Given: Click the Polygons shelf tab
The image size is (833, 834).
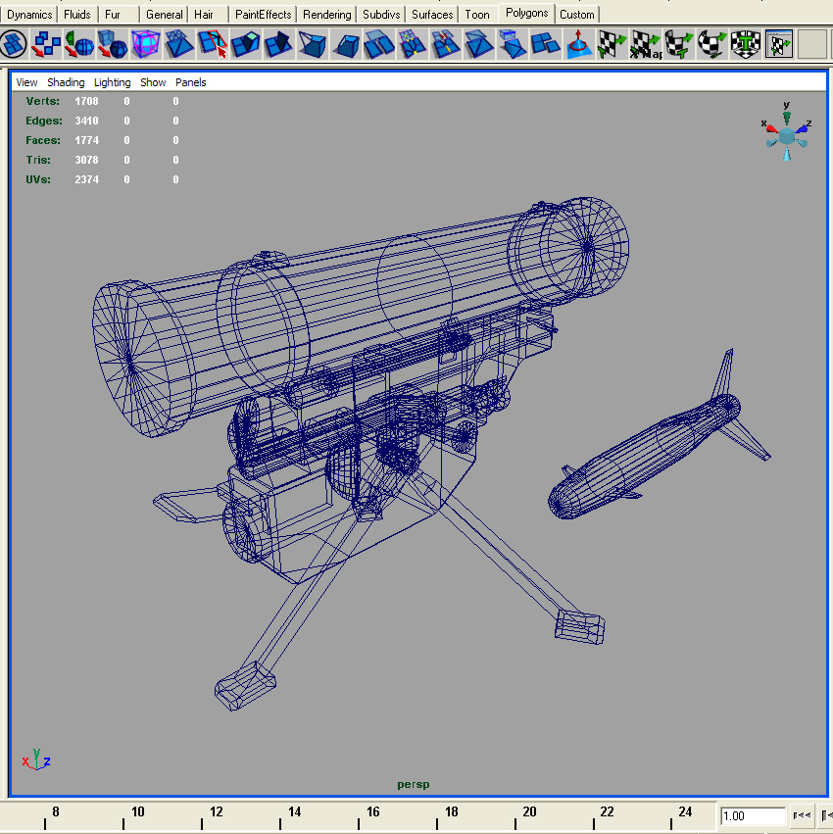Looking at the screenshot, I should point(527,14).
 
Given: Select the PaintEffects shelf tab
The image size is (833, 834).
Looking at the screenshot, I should point(263,15).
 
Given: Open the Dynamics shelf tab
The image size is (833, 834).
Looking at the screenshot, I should point(29,15).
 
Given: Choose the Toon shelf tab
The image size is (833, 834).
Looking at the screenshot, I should point(477,15).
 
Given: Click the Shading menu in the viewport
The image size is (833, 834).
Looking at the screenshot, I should point(66,82).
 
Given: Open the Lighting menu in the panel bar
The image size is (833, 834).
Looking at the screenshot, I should point(112,82).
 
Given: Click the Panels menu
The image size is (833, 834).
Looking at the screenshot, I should point(190,82).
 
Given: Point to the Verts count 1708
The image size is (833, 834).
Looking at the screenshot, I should point(86,101).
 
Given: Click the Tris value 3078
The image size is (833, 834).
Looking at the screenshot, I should point(86,160).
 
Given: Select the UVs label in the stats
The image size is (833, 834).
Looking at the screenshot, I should point(37,179).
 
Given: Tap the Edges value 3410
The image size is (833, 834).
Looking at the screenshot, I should point(86,121).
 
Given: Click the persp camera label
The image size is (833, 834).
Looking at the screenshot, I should point(413,784).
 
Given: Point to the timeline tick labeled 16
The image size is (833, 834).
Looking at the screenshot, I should point(372,811).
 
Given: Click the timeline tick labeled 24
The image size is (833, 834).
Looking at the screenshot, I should point(685,811).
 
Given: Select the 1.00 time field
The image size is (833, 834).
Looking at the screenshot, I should point(752,816).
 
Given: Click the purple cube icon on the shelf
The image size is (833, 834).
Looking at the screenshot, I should point(146,44).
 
